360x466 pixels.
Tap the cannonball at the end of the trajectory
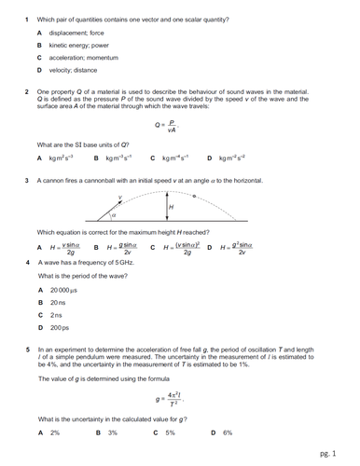click(x=194, y=197)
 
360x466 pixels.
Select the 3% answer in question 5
click(x=111, y=432)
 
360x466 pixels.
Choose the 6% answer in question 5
click(x=227, y=432)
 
